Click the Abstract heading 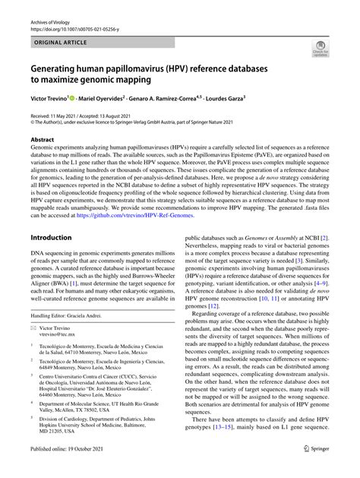click(x=43, y=140)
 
